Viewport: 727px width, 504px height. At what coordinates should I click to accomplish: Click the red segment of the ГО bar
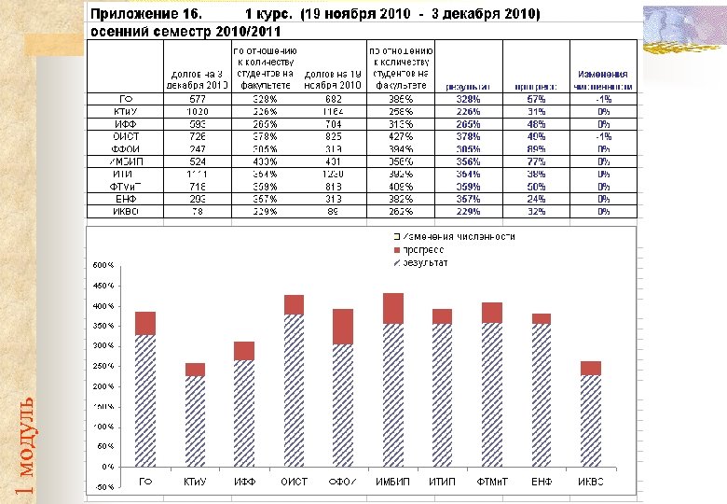[x=144, y=323]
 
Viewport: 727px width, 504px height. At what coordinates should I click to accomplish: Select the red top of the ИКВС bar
[x=590, y=368]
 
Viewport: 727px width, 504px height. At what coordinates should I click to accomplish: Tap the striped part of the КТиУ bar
[x=194, y=420]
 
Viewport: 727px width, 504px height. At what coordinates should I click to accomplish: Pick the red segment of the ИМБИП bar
[x=392, y=308]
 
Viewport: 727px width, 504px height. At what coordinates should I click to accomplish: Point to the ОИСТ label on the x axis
[x=294, y=482]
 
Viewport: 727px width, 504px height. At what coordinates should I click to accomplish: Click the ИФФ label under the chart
[x=244, y=482]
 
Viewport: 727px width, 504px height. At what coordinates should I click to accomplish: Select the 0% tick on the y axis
[x=108, y=466]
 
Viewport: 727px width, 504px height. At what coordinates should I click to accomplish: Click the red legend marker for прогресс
[x=398, y=250]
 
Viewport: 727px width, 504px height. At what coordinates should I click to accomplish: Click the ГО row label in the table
[x=124, y=98]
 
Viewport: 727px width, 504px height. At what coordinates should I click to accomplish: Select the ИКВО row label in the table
[x=126, y=212]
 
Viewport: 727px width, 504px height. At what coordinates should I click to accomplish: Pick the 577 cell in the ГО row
[x=198, y=98]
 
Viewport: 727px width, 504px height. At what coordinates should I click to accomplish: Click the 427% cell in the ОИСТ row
[x=399, y=136]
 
